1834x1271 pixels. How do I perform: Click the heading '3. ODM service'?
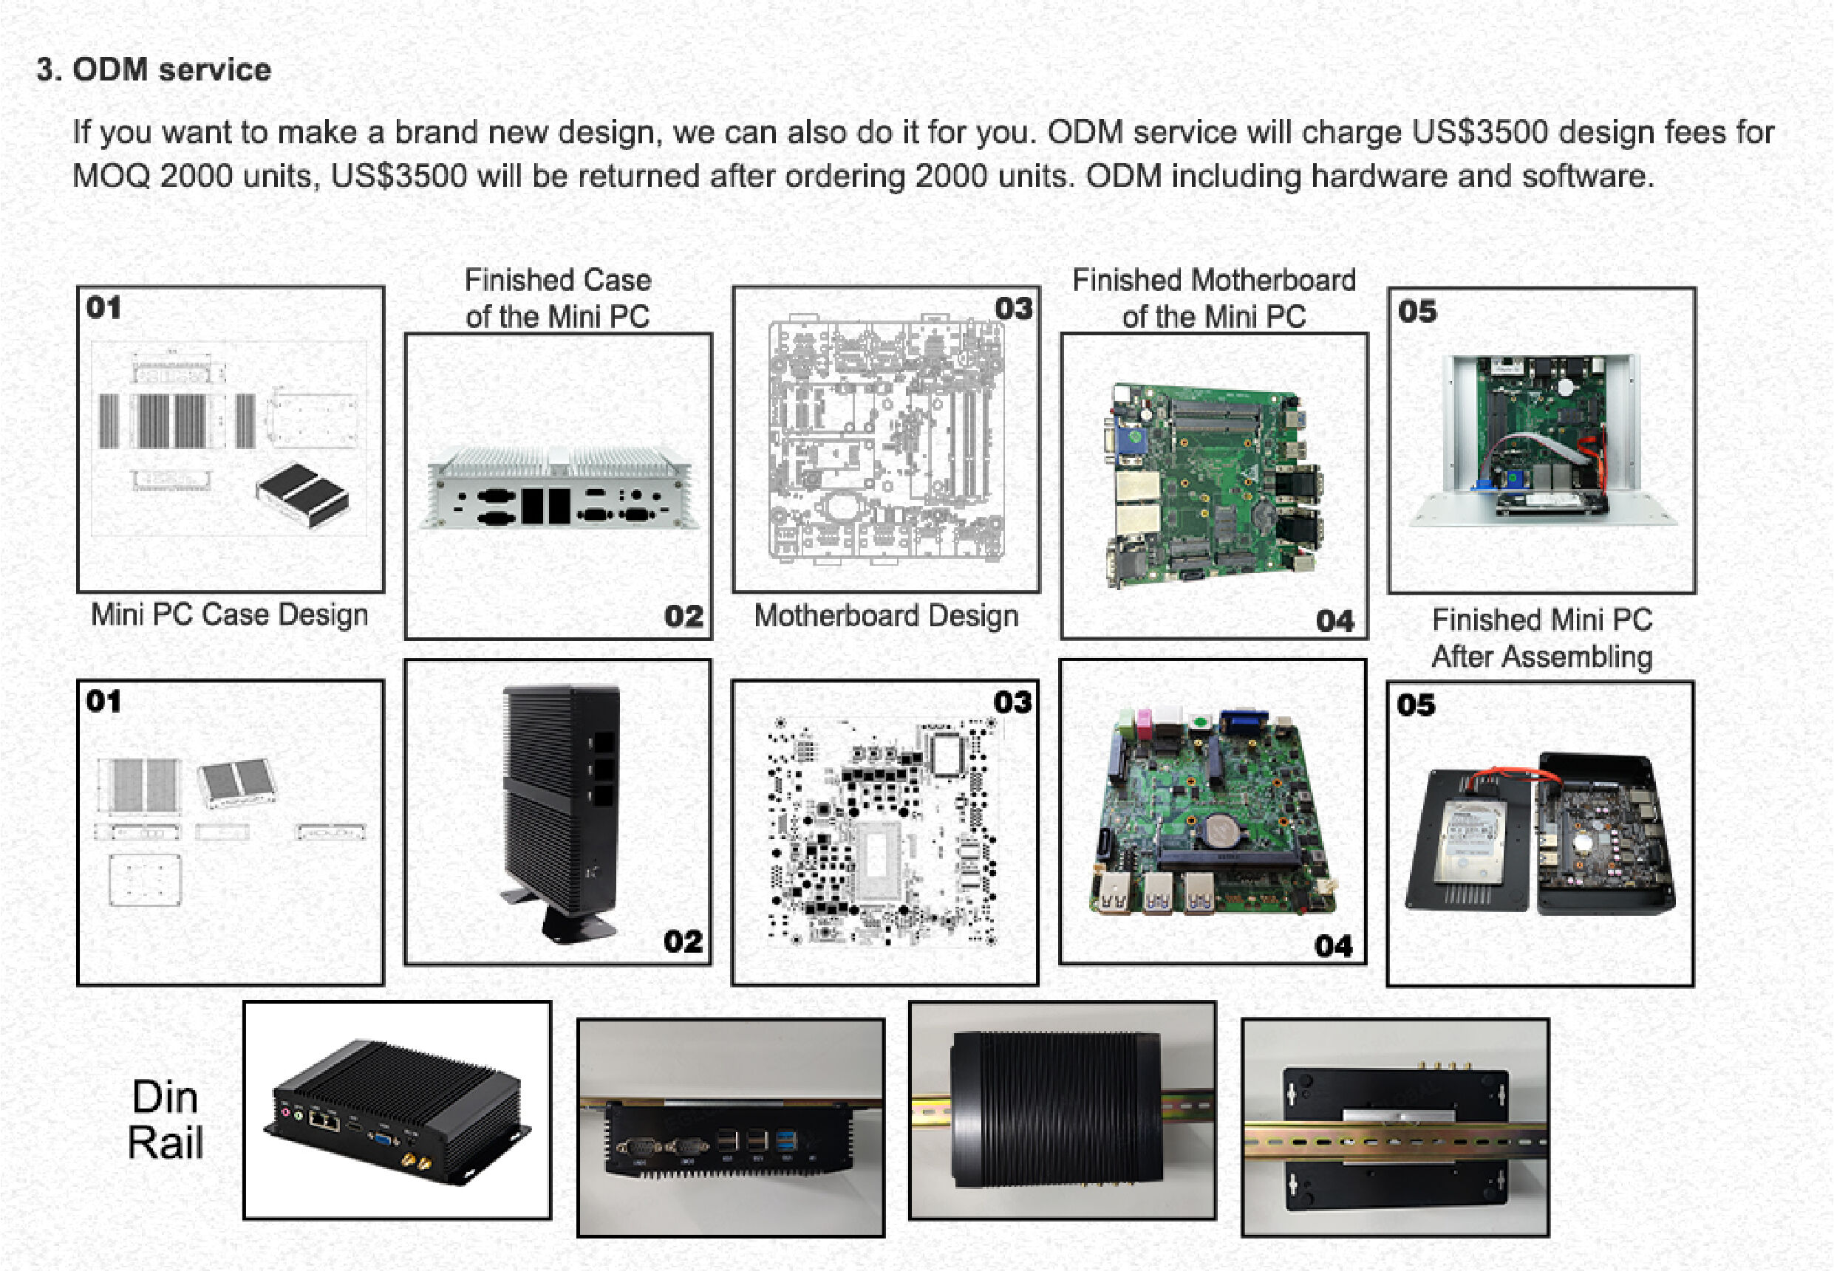click(x=154, y=70)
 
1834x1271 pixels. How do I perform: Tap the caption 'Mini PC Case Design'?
click(x=230, y=614)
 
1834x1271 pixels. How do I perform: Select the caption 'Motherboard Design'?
click(x=886, y=616)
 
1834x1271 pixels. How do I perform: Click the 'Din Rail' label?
click(x=165, y=1120)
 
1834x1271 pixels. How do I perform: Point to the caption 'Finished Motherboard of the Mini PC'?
click(x=1213, y=298)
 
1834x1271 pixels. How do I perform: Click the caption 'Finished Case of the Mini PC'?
click(x=558, y=298)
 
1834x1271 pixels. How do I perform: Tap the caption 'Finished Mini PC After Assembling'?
click(x=1541, y=638)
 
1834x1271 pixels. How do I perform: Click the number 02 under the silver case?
click(x=684, y=617)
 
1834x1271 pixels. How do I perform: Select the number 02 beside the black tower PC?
click(x=683, y=942)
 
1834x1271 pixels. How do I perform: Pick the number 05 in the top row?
click(x=1417, y=312)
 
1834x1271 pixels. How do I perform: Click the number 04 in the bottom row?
click(x=1334, y=945)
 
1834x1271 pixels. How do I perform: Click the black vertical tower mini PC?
click(x=562, y=804)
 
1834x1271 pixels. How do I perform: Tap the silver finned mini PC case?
click(x=558, y=487)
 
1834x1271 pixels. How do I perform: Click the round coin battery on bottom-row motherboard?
click(x=1216, y=830)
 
